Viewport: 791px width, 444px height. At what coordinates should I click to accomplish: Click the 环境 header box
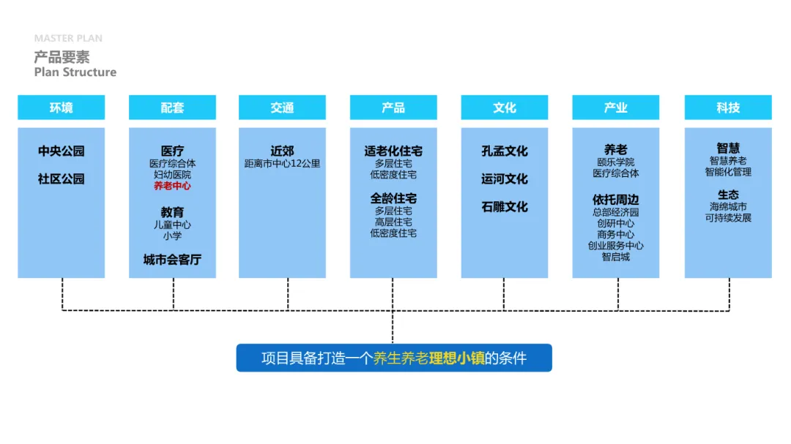[x=62, y=108]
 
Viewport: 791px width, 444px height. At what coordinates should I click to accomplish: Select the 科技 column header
[x=728, y=108]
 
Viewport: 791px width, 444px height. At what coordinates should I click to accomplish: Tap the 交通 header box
[x=282, y=108]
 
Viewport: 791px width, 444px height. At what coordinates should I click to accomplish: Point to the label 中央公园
[x=62, y=151]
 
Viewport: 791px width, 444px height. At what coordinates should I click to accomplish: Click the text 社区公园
[x=62, y=179]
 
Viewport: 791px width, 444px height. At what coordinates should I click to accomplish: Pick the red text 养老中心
[x=172, y=187]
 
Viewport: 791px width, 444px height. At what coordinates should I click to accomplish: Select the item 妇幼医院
[x=172, y=175]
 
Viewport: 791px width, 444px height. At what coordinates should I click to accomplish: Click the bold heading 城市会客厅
[x=172, y=260]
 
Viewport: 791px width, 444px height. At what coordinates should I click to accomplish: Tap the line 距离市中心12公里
[x=282, y=164]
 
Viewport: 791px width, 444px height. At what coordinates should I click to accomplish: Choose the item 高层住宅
[x=393, y=222]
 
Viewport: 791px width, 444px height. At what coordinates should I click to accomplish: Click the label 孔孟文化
[x=505, y=151]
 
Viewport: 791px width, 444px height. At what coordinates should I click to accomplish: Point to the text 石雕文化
[x=505, y=207]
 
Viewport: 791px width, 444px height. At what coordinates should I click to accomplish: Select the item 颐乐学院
[x=616, y=162]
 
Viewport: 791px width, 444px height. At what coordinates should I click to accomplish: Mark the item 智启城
[x=616, y=257]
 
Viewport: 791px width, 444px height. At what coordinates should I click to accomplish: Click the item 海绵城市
[x=728, y=207]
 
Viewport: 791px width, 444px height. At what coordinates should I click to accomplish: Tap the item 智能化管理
[x=728, y=172]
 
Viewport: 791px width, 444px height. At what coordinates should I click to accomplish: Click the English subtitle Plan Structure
[x=75, y=72]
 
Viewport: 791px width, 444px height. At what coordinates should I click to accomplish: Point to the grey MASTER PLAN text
[x=68, y=38]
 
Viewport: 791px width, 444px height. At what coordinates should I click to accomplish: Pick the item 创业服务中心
[x=616, y=246]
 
